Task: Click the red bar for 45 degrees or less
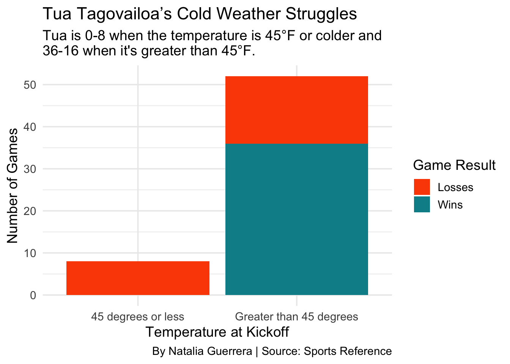coord(138,278)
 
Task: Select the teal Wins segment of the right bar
coord(296,219)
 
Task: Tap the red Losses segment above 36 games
coord(296,110)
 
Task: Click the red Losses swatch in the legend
coord(422,187)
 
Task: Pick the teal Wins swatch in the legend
coord(422,204)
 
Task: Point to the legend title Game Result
coord(454,165)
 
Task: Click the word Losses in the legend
coord(455,187)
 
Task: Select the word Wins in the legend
coord(450,205)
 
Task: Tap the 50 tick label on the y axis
coord(30,85)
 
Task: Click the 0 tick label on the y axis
coord(33,295)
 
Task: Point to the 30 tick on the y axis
coord(30,169)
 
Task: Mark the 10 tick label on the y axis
coord(30,253)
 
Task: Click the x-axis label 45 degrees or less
coord(138,317)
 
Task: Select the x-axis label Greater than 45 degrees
coord(296,317)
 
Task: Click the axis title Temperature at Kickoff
coord(217,332)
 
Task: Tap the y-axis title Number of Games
coord(13,185)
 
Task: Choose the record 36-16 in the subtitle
coord(61,51)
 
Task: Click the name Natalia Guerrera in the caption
coord(210,351)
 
